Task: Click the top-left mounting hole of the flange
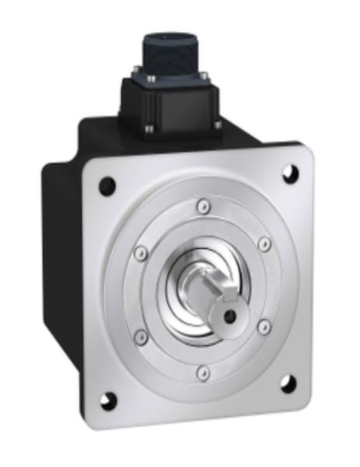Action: pyautogui.click(x=107, y=186)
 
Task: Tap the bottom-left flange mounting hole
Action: pyautogui.click(x=108, y=401)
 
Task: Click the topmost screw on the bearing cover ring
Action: pyautogui.click(x=203, y=206)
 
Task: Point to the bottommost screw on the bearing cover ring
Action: pyautogui.click(x=202, y=374)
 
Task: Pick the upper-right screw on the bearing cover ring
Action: pyautogui.click(x=264, y=244)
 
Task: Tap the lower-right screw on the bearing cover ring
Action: pyautogui.click(x=264, y=328)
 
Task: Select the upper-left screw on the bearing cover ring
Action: pyautogui.click(x=141, y=253)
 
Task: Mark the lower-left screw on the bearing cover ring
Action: pyautogui.click(x=142, y=337)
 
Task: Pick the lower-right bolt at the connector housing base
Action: pyautogui.click(x=217, y=123)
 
